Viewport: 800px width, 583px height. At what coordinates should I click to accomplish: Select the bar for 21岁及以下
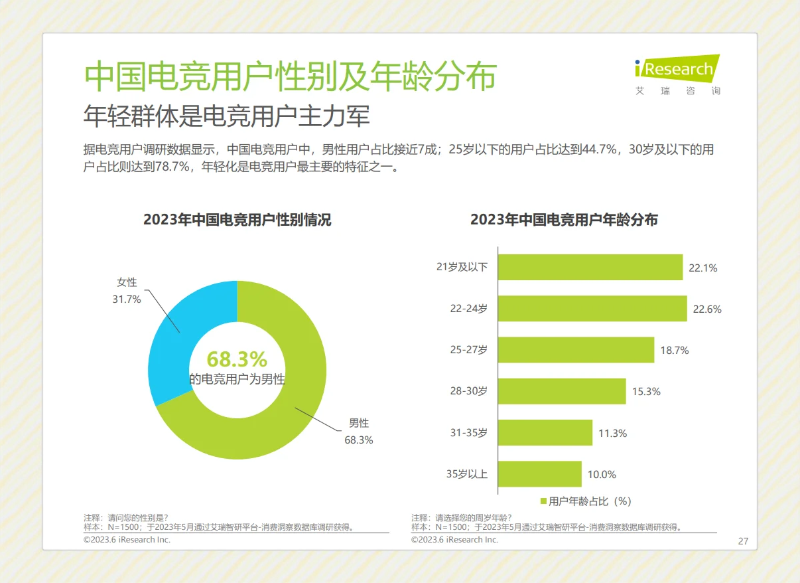click(x=590, y=268)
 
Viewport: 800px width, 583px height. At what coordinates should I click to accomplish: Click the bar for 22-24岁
click(x=592, y=309)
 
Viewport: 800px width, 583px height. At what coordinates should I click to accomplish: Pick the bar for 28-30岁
click(x=561, y=391)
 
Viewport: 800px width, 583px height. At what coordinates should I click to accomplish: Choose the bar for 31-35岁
click(x=545, y=433)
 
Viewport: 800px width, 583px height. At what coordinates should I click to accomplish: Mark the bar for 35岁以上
click(x=539, y=474)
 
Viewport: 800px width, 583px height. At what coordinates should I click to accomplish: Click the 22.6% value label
click(x=707, y=309)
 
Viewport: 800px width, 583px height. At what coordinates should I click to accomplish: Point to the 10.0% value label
click(x=602, y=474)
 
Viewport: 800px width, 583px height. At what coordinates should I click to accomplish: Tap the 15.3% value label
click(x=645, y=392)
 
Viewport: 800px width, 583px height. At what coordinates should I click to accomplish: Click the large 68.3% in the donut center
click(x=237, y=359)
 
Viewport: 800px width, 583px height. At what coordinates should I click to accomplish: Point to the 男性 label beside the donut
click(x=359, y=423)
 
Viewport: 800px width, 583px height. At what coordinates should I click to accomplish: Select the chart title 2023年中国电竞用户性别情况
click(x=237, y=220)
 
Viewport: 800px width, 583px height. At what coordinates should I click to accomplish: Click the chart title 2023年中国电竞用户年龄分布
click(x=564, y=220)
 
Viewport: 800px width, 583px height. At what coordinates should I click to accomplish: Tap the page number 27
click(x=743, y=541)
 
